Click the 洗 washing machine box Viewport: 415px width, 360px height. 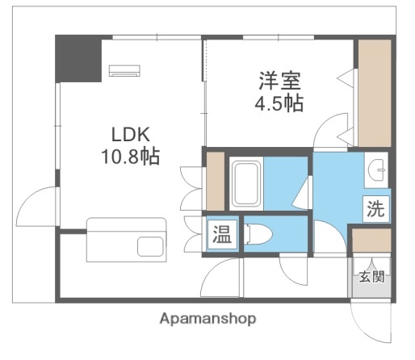coord(375,209)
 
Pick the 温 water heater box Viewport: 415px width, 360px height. coord(220,235)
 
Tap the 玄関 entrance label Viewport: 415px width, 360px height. coord(372,278)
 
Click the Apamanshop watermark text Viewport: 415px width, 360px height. coord(207,318)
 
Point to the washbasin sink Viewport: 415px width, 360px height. coord(376,170)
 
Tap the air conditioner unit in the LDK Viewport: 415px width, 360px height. coord(124,70)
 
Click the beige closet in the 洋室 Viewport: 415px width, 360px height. coord(374,93)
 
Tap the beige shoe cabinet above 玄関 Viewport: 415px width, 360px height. coord(372,241)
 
